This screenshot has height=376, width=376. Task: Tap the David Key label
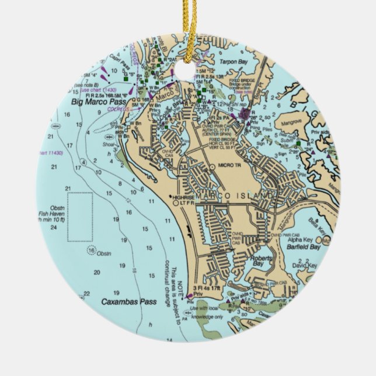coord(304,266)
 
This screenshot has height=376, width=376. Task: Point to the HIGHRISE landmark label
coord(183,197)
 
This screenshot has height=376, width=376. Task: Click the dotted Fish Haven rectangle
coord(80,217)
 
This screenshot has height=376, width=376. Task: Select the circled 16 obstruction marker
coord(90,250)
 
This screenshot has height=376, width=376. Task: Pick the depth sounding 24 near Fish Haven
coord(54,228)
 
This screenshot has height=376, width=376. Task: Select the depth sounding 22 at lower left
coord(86,294)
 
